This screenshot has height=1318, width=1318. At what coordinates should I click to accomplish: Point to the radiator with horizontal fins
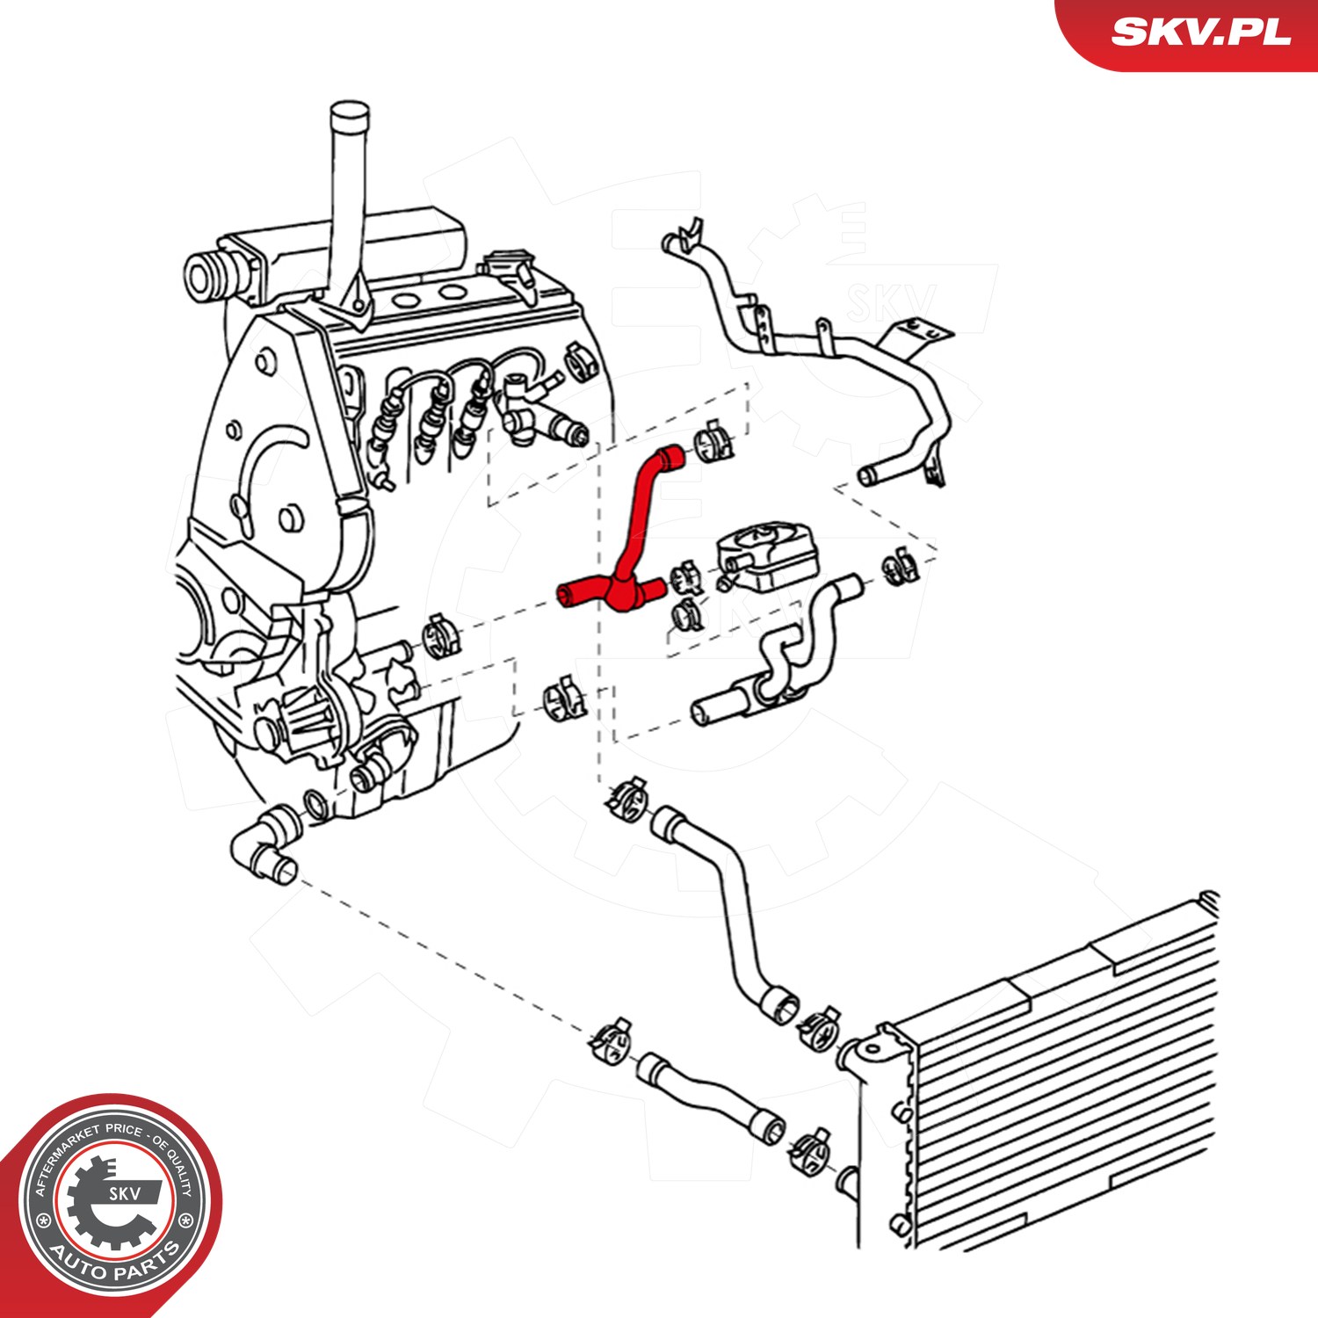1037,1072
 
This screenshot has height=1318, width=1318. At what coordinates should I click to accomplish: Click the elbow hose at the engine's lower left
264,844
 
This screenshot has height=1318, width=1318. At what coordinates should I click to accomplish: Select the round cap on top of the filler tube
350,116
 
